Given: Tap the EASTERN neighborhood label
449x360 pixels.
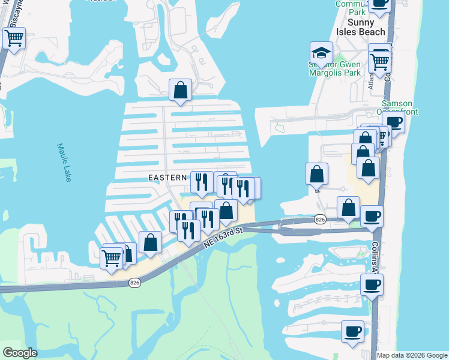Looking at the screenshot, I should pyautogui.click(x=168, y=178).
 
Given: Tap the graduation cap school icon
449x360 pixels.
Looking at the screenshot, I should pyautogui.click(x=321, y=52).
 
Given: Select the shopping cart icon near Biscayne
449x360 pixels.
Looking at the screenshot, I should pyautogui.click(x=13, y=38).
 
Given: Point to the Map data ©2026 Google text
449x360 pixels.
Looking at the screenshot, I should pyautogui.click(x=412, y=355).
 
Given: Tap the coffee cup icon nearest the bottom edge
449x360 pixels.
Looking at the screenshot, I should pyautogui.click(x=352, y=330).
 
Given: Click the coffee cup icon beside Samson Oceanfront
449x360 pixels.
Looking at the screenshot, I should pyautogui.click(x=394, y=122).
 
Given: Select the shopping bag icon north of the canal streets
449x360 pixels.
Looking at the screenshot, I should pyautogui.click(x=180, y=90).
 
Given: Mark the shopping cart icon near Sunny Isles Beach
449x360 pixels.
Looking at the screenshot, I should pyautogui.click(x=379, y=60).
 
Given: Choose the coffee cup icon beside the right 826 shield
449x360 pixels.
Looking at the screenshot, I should pyautogui.click(x=372, y=216).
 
